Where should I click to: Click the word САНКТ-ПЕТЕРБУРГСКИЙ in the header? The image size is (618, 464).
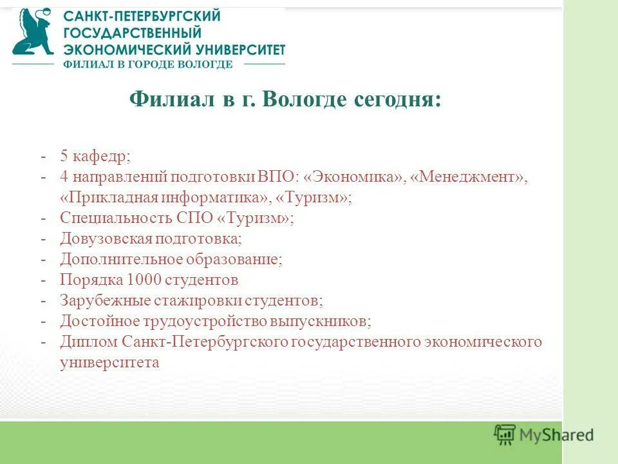142,16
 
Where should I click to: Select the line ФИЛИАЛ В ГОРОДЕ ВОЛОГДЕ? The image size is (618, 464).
147,64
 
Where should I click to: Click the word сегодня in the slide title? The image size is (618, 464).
397,100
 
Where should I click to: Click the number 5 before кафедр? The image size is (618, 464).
64,156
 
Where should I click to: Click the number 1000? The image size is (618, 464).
146,280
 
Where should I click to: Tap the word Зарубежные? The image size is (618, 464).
105,300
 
